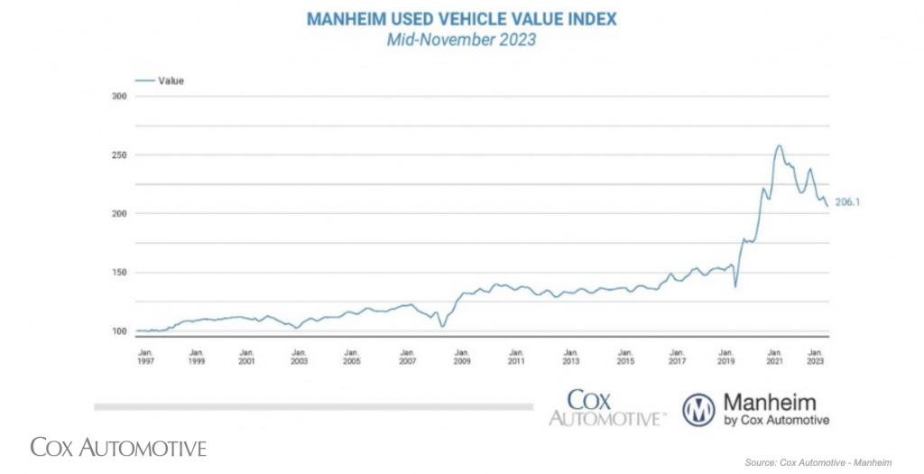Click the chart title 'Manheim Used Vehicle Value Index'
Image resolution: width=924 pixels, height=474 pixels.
pyautogui.click(x=461, y=18)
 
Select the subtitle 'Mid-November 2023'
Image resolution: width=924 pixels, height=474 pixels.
pyautogui.click(x=461, y=39)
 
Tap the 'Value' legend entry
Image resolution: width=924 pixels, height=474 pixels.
pyautogui.click(x=171, y=80)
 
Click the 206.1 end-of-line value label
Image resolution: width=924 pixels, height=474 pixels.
pyautogui.click(x=847, y=202)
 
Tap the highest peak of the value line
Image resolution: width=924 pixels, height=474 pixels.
pyautogui.click(x=778, y=146)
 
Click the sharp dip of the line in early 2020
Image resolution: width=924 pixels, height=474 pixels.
pyautogui.click(x=735, y=286)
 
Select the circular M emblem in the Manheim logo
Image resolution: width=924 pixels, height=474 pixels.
pyautogui.click(x=698, y=409)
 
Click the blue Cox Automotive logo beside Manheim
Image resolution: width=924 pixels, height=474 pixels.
pyautogui.click(x=608, y=407)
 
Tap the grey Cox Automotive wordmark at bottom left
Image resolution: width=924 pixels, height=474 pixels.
pyautogui.click(x=118, y=447)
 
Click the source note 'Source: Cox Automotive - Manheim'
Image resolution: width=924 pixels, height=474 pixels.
pyautogui.click(x=818, y=463)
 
